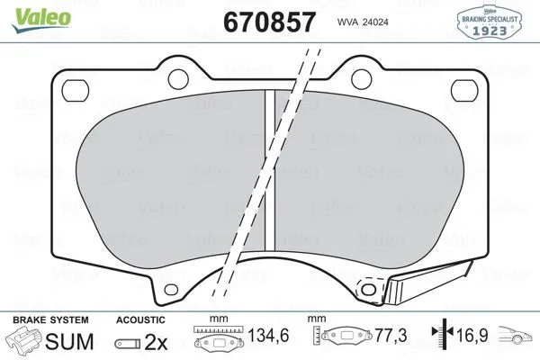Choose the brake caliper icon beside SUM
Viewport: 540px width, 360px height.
[x=26, y=342]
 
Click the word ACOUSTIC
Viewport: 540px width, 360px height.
[x=140, y=320]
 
